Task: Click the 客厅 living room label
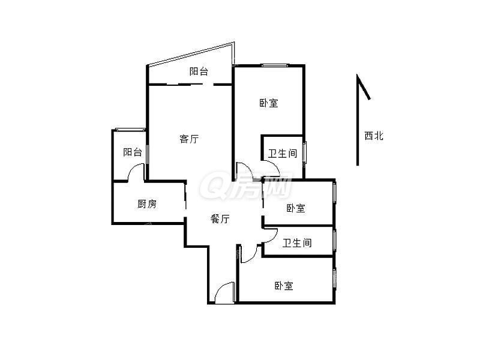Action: pyautogui.click(x=189, y=139)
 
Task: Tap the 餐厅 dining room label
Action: pyautogui.click(x=220, y=220)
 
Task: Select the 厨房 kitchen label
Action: pyautogui.click(x=147, y=204)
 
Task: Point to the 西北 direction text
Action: pyautogui.click(x=373, y=136)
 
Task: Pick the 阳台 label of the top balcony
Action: pyautogui.click(x=199, y=71)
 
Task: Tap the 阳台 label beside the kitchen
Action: pyautogui.click(x=133, y=152)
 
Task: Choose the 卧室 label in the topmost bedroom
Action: pyautogui.click(x=269, y=103)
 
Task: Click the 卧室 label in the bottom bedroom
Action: pyautogui.click(x=284, y=286)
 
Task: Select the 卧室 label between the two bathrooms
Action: pyautogui.click(x=295, y=208)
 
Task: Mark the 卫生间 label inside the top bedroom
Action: pyautogui.click(x=282, y=154)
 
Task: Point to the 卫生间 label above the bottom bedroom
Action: pyautogui.click(x=297, y=243)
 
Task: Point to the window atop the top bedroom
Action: pyautogui.click(x=274, y=65)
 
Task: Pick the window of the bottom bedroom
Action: pyautogui.click(x=334, y=279)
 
